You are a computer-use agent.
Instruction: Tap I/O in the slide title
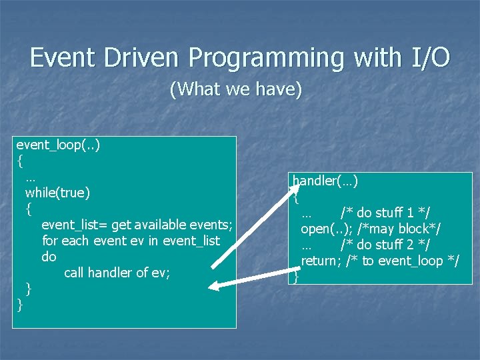427,58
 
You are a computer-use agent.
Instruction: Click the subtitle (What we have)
236,89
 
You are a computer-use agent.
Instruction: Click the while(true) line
57,193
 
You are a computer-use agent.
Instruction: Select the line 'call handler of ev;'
117,273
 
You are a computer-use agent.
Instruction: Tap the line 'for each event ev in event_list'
131,241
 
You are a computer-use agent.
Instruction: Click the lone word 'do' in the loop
49,257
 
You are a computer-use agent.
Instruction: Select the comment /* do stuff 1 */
385,213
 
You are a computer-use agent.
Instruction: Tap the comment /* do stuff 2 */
385,245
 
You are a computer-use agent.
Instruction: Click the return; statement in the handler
321,261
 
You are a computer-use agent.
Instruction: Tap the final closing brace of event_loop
20,305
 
